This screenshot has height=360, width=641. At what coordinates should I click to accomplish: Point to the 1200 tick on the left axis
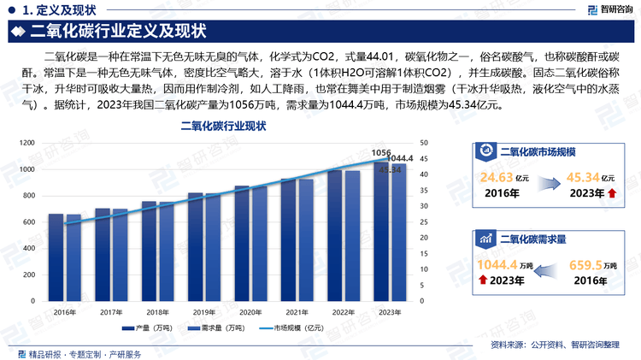pyautogui.click(x=26, y=144)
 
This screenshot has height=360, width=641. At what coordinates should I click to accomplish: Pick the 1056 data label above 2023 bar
pyautogui.click(x=381, y=151)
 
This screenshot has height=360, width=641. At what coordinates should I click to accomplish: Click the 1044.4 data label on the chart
pyautogui.click(x=400, y=159)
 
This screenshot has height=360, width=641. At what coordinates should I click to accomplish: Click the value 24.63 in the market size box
pyautogui.click(x=497, y=178)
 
